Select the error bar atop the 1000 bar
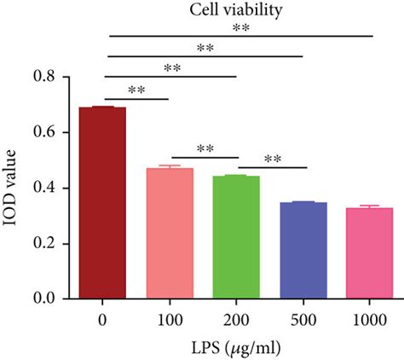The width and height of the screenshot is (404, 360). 368,206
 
